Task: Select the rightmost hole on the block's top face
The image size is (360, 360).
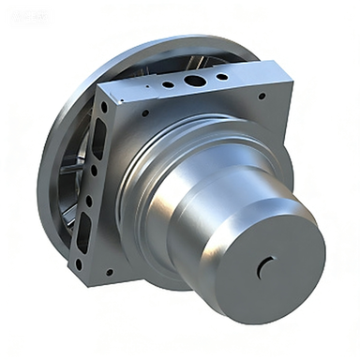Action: pos(221,73)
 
